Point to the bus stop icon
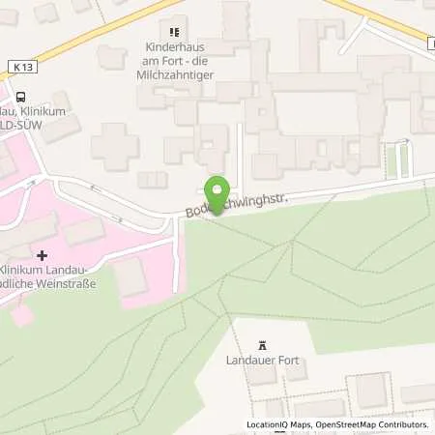click(x=18, y=95)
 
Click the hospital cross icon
click(x=41, y=254)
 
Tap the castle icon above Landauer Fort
click(x=262, y=344)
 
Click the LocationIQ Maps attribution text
click(x=278, y=424)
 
